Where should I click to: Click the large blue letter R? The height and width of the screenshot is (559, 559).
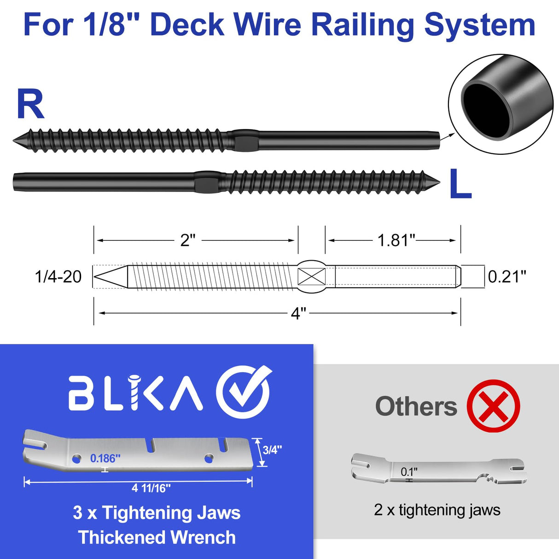tap(30, 105)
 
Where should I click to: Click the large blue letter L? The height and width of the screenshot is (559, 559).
tap(460, 184)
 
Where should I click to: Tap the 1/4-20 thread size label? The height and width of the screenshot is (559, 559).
tap(58, 277)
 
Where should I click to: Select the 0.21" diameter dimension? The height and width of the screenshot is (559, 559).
tap(507, 277)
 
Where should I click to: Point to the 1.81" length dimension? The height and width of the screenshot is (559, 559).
tap(396, 240)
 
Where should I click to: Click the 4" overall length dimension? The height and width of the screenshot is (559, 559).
tap(298, 314)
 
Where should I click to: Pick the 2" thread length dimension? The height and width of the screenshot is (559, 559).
tap(188, 240)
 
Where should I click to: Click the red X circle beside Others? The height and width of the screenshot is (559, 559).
tap(493, 406)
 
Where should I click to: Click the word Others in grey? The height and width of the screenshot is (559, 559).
tap(416, 407)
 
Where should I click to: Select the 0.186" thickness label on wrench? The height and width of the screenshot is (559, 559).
tap(105, 458)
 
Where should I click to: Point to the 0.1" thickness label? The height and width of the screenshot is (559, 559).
tap(409, 472)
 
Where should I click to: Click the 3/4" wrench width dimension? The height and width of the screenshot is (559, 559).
tap(272, 450)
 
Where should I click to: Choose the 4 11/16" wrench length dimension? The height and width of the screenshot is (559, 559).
tap(151, 488)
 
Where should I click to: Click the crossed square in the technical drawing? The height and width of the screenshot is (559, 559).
tap(311, 277)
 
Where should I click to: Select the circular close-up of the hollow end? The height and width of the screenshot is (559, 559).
tap(501, 104)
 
